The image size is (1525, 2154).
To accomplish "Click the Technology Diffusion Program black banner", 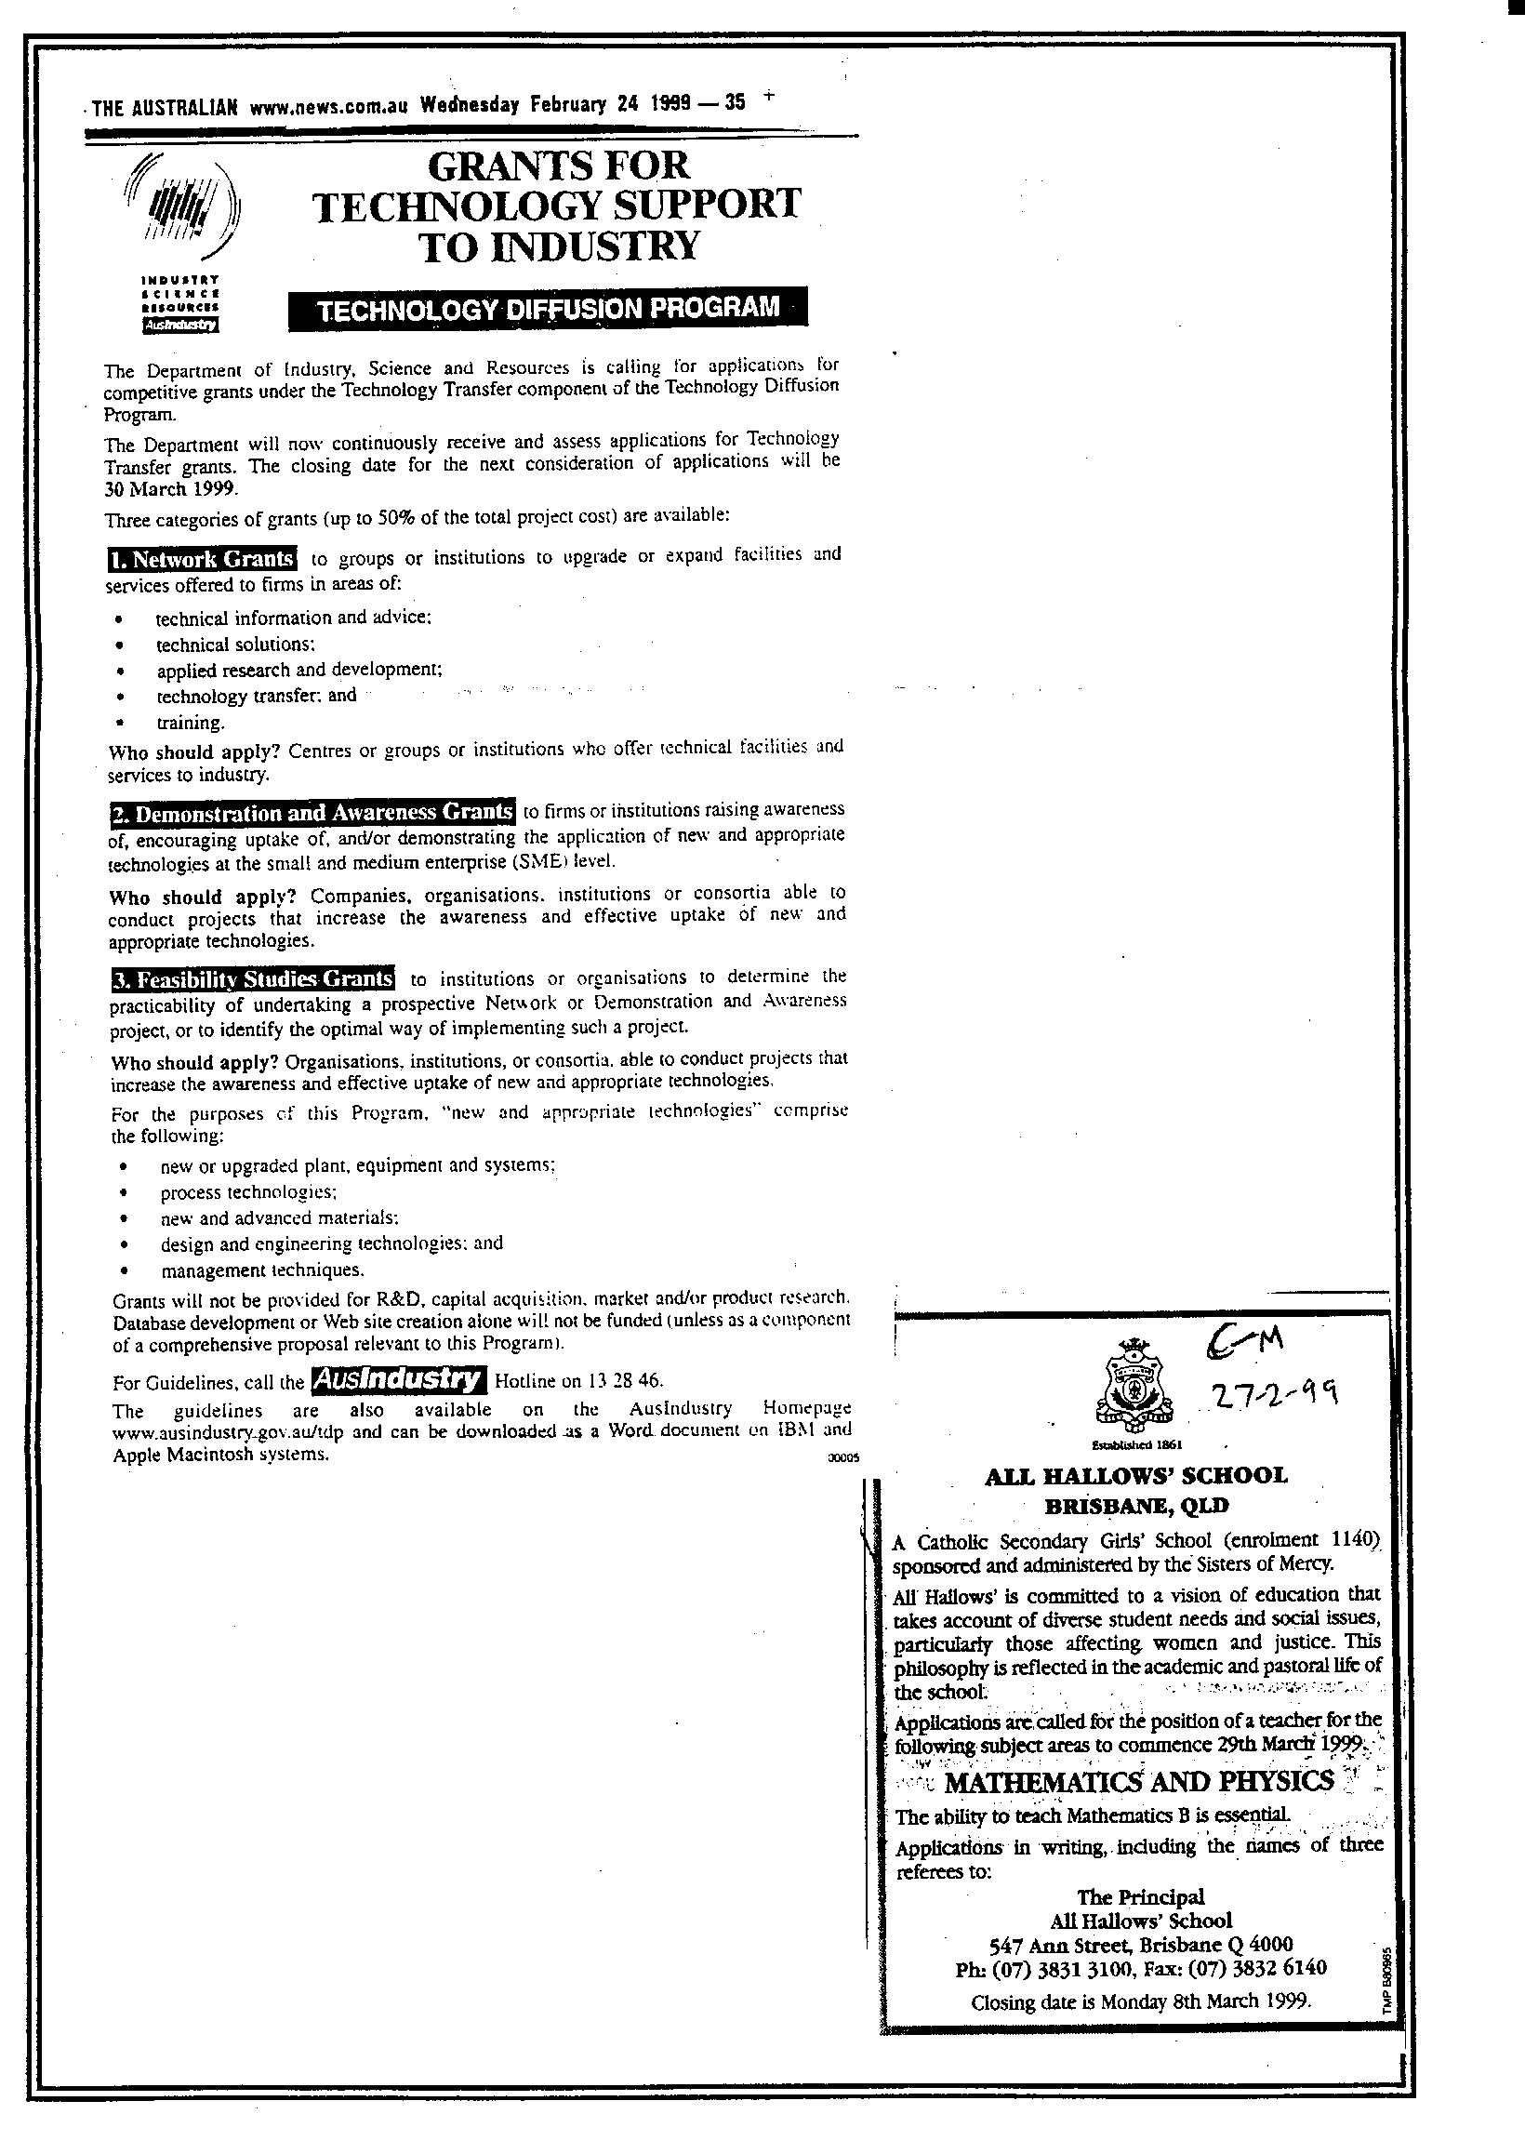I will [548, 309].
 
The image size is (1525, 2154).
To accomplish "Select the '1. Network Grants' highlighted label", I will [202, 559].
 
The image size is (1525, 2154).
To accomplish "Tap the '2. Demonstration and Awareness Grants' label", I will [312, 812].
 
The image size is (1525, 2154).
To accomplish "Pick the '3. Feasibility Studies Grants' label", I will [253, 979].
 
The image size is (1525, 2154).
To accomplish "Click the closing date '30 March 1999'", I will [172, 488].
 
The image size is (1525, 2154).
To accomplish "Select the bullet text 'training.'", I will [192, 723].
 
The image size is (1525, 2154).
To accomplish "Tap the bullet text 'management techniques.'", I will [262, 1270].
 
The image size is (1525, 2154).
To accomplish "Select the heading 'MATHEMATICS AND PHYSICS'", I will [1138, 1781].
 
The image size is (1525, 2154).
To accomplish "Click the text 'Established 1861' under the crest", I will [1136, 1444].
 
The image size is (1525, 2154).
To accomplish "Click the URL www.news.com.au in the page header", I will [328, 106].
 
